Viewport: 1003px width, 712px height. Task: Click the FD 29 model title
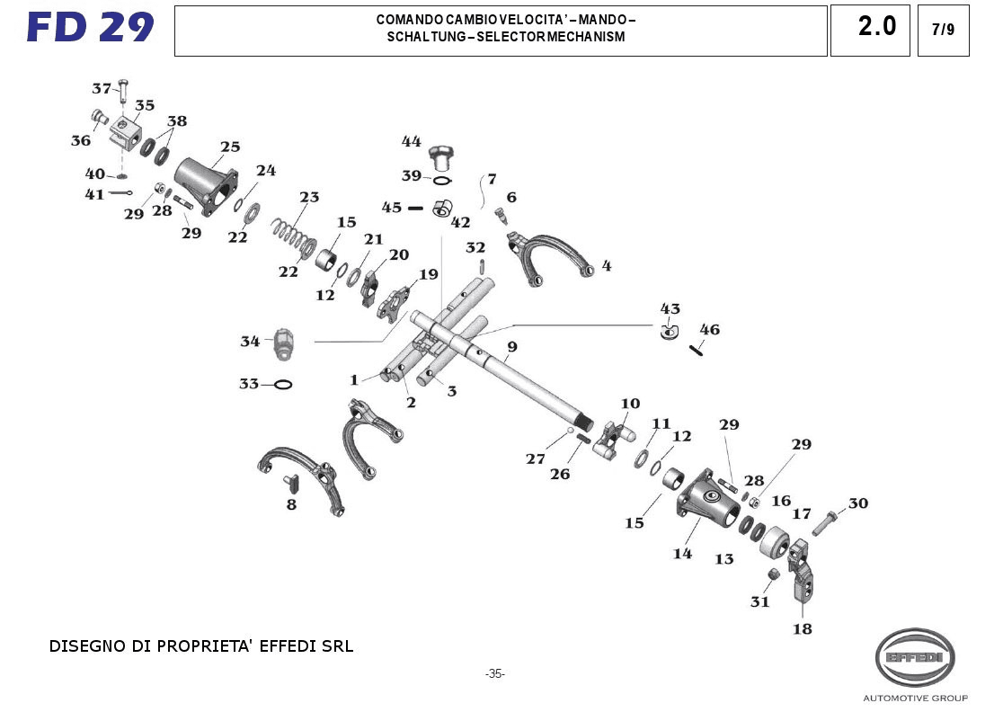coord(90,28)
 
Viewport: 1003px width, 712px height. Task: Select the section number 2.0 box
coord(876,28)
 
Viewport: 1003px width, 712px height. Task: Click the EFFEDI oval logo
coord(915,657)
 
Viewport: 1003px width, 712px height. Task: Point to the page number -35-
coord(495,673)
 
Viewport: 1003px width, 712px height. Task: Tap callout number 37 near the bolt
coord(102,88)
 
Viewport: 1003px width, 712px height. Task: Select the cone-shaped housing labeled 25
coord(205,183)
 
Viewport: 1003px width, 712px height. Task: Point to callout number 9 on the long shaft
coord(511,347)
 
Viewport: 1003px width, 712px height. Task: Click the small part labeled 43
coord(669,332)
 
